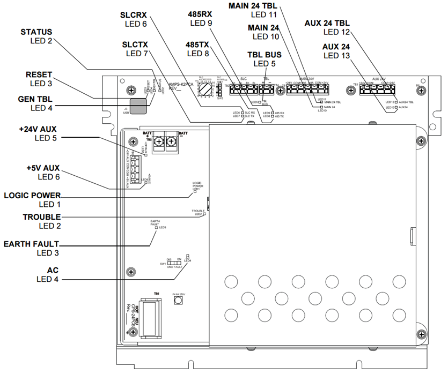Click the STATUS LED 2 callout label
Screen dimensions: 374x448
36,36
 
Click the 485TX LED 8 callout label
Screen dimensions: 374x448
200,48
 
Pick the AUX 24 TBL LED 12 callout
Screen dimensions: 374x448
327,28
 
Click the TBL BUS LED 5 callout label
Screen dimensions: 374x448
264,59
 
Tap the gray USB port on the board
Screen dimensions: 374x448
139,106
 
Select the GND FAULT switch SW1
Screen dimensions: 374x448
172,264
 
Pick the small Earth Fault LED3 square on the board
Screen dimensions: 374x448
156,228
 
